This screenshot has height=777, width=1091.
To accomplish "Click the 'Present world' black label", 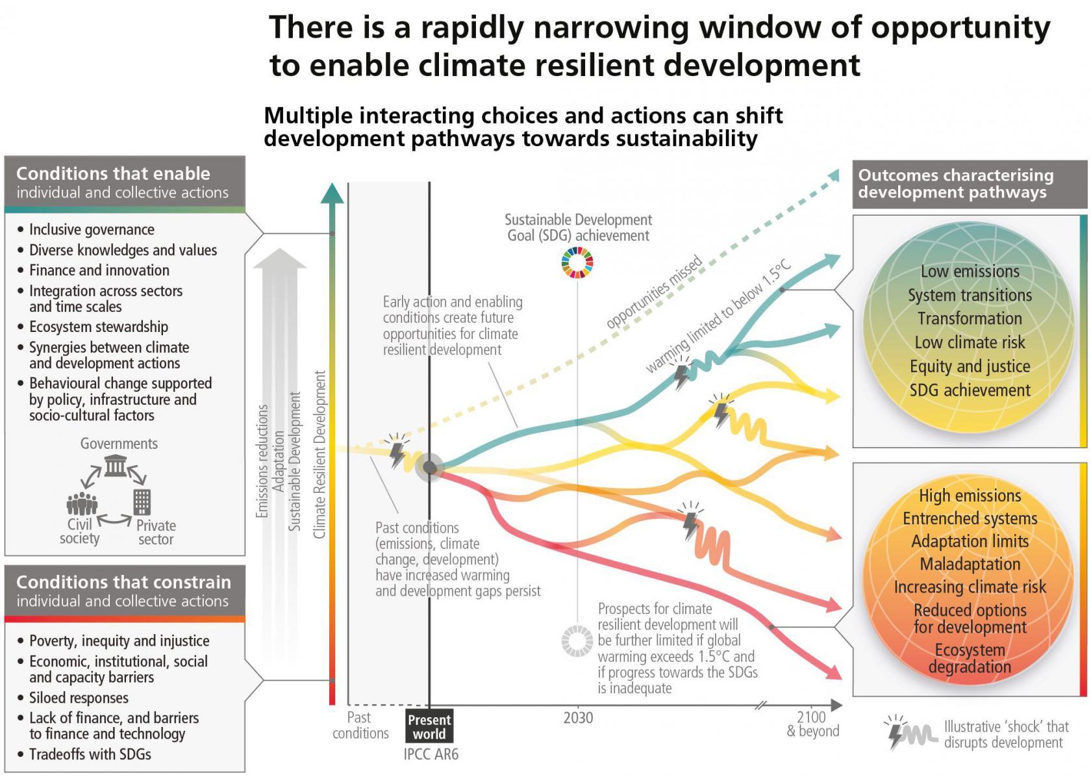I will [429, 727].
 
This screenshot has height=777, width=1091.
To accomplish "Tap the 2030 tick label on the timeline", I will [578, 718].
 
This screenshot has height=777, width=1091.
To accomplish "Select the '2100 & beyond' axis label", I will [812, 724].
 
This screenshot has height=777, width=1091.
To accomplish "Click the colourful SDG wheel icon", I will [577, 262].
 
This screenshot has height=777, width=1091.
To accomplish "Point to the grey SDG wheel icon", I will [577, 641].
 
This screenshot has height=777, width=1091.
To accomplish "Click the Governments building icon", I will [116, 465].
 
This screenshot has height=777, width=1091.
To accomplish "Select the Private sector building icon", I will [142, 502].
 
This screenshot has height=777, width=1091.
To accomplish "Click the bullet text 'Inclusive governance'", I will [92, 229].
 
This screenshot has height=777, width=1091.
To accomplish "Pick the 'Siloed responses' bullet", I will [79, 698].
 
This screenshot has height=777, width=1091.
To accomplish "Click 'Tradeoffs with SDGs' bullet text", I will [90, 754].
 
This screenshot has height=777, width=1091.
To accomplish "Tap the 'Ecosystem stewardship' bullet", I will [98, 327].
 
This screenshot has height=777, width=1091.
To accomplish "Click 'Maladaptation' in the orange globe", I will [970, 564].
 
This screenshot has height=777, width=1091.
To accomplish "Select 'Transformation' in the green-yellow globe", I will [970, 318].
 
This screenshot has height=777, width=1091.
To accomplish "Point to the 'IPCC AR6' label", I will [431, 754].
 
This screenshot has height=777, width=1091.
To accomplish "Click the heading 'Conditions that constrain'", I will [123, 582].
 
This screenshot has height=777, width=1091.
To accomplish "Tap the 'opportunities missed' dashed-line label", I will [654, 292].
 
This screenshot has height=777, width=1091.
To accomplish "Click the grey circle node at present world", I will [429, 467].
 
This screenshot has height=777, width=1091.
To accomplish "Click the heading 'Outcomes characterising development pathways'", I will [955, 184].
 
